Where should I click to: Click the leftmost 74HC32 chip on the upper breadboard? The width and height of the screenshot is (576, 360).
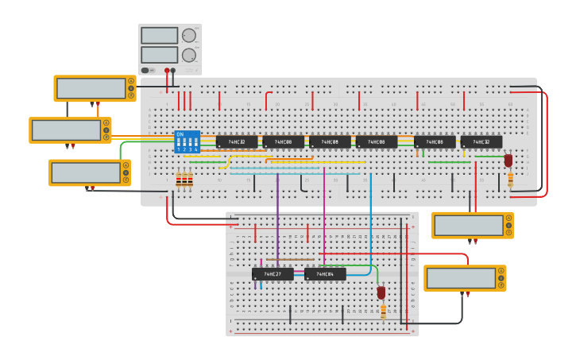coord(237,142)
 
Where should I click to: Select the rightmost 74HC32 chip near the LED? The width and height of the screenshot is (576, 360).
coord(481,142)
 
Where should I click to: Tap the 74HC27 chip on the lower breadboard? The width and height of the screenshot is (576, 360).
coord(273,274)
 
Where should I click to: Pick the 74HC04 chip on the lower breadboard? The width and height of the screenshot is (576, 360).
coord(325,274)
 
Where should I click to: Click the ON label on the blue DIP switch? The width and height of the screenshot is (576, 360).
coord(180,134)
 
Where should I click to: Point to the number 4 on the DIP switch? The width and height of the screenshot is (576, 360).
coord(195,149)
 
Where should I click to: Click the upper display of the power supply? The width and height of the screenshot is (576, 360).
coord(159,36)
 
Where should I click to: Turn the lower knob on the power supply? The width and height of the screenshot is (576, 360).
coord(188,55)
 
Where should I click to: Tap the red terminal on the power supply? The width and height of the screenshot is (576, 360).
coord(167,71)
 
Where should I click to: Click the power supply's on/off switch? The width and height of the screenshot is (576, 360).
coord(145,71)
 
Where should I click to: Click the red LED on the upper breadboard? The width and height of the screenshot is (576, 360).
coord(508,160)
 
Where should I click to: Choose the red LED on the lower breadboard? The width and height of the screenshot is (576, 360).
coord(381,292)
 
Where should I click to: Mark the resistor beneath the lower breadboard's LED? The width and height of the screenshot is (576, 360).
coord(383,312)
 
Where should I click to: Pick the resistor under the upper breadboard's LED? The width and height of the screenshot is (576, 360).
coord(510,180)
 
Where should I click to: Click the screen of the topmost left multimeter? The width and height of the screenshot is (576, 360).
coord(91,87)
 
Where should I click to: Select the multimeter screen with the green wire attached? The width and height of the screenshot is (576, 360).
coord(85,172)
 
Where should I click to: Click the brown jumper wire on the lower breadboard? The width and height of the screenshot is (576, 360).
coord(289,259)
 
